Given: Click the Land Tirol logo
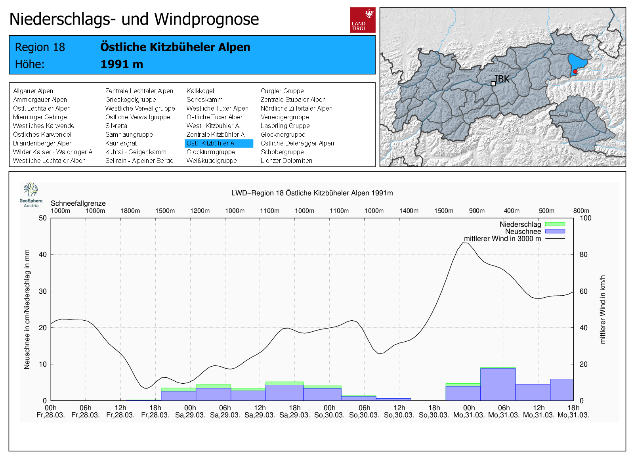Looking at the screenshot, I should tap(363, 20).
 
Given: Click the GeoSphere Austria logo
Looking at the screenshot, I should tap(31, 195).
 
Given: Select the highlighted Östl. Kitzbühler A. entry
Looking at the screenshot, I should tap(219, 143).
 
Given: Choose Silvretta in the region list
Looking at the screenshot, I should tap(116, 126).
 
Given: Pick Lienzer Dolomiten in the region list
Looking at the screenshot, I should tap(286, 161).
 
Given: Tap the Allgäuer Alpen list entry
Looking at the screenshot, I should tap(33, 91).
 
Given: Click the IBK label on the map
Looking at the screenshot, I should tap(502, 79).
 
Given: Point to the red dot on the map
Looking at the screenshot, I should tap(575, 72).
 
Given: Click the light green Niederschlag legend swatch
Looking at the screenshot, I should tap(555, 224).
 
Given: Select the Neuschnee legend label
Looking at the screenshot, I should tap(523, 231).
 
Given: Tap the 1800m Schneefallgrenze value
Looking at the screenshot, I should tap(130, 211).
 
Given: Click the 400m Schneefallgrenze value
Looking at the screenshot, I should tap(512, 211).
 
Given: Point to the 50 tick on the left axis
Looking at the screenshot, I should tap(43, 218).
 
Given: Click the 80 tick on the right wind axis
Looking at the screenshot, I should tap(583, 255).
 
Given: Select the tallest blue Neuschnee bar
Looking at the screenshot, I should tap(498, 384).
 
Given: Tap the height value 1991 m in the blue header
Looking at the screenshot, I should tap(122, 64).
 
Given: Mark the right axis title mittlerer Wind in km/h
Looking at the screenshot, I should tap(603, 309).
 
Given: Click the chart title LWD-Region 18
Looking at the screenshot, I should tap(312, 193).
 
